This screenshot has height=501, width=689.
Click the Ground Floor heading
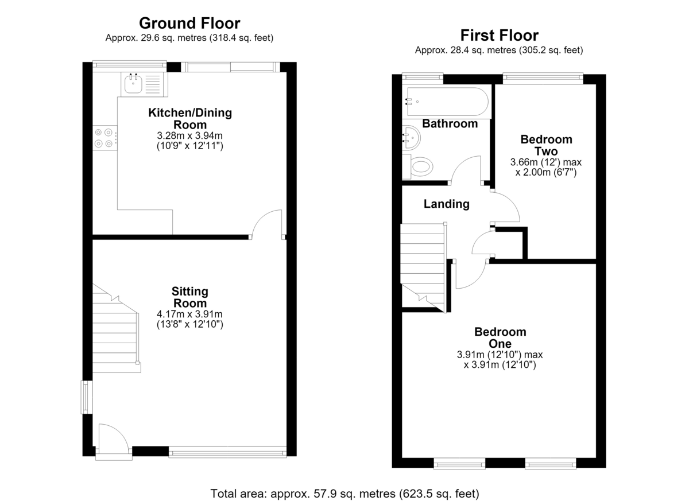(189, 24)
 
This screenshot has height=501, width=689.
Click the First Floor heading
(499, 36)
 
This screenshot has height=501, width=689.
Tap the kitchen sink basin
(133, 84)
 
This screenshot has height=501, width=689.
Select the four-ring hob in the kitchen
(105, 138)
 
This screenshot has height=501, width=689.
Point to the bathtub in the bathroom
(447, 102)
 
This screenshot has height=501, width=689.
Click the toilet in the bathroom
(418, 166)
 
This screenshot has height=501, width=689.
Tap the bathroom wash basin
(411, 137)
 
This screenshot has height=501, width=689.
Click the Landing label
(446, 204)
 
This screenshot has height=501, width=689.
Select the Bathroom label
(450, 123)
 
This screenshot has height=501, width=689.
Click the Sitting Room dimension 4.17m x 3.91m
(189, 314)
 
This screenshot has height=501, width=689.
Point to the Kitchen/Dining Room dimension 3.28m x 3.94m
(189, 135)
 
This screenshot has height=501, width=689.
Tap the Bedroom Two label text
(546, 145)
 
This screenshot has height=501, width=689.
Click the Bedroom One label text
(500, 337)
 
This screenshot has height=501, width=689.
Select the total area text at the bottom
(344, 494)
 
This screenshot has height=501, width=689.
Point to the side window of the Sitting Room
(87, 397)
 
